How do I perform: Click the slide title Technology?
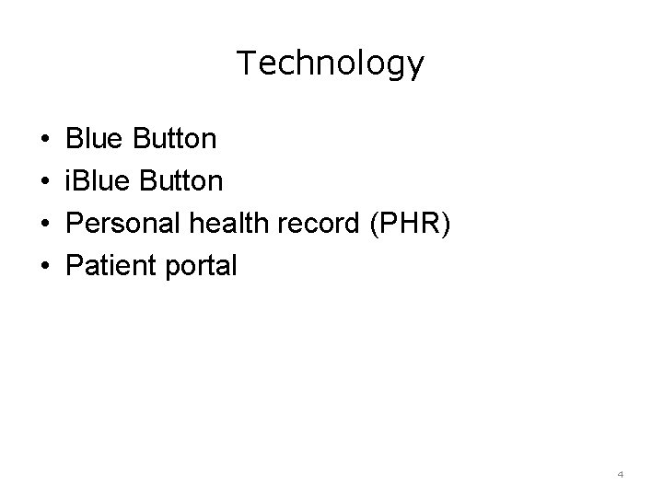pyautogui.click(x=331, y=64)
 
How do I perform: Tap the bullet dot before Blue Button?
pyautogui.click(x=45, y=140)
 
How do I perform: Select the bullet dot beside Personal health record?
pyautogui.click(x=45, y=225)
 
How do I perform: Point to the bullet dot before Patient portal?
pyautogui.click(x=45, y=267)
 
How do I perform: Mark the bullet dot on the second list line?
pyautogui.click(x=45, y=182)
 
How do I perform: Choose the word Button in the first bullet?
pyautogui.click(x=175, y=139)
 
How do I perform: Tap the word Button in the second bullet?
pyautogui.click(x=180, y=181)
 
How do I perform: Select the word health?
pyautogui.click(x=223, y=224)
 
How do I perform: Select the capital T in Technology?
pyautogui.click(x=246, y=63)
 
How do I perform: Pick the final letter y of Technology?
pyautogui.click(x=417, y=66)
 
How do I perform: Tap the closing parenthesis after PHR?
pyautogui.click(x=446, y=225)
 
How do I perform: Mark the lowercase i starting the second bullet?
pyautogui.click(x=69, y=181)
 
